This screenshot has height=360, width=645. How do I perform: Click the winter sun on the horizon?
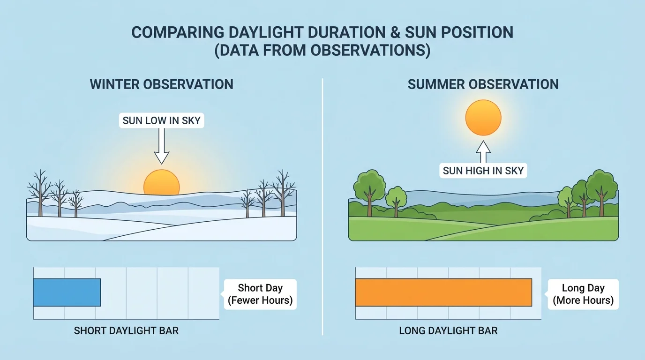pos(161,183)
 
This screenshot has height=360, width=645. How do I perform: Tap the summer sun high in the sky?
pos(483,117)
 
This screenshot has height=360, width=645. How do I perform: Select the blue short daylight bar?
pos(67,292)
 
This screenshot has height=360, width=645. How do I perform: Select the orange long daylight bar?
pos(443,292)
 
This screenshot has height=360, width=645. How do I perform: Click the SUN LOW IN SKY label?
pos(161,120)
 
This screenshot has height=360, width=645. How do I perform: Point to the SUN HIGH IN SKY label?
pos(483,171)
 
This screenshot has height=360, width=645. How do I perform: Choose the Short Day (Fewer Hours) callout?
pos(260,294)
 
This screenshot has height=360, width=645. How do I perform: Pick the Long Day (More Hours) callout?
pos(583,294)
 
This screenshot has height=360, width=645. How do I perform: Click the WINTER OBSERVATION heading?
pos(161,84)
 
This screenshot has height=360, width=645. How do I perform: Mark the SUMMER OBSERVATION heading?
pos(483,84)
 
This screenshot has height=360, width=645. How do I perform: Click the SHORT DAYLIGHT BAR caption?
pos(126,330)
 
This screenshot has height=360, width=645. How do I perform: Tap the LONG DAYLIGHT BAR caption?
pos(448,330)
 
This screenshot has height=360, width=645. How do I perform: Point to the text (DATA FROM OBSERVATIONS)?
pos(322,50)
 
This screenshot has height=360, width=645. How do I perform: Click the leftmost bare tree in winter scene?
pos(40,192)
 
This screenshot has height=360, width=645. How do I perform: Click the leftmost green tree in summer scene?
pos(369,187)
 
